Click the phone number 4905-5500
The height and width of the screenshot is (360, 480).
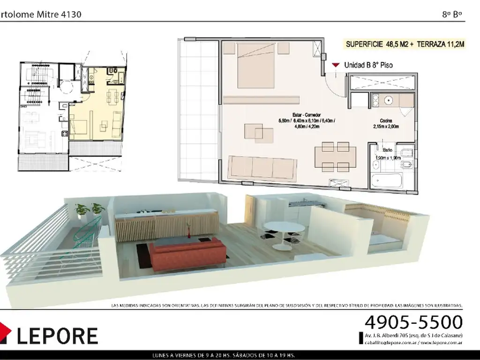point(413,322)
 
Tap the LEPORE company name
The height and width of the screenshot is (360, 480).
point(57,336)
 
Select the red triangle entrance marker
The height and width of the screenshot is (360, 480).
point(336,65)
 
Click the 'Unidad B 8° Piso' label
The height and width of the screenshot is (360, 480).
point(368,66)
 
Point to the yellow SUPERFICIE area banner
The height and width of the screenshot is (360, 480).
point(405,45)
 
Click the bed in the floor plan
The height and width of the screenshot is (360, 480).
point(256,65)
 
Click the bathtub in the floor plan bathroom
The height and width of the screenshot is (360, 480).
point(386,181)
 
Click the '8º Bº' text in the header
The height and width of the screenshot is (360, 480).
point(452,15)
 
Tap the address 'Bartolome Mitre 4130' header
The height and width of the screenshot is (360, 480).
point(41,15)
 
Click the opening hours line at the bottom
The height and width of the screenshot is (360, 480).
point(239,354)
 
